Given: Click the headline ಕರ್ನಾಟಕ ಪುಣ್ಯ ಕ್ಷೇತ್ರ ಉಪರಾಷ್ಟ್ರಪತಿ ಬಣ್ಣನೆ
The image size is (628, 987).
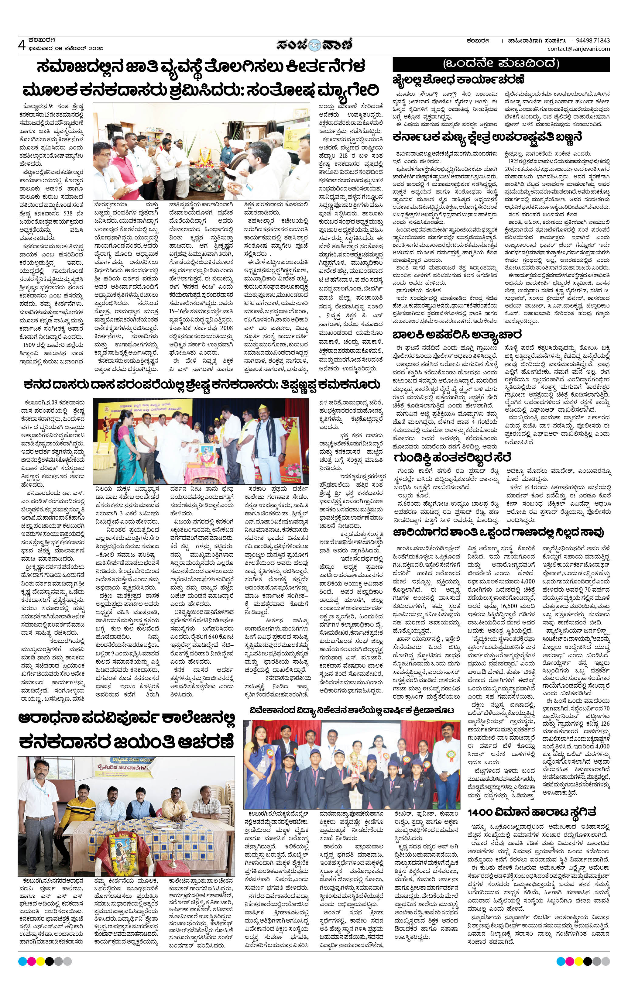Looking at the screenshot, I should tap(487, 137).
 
